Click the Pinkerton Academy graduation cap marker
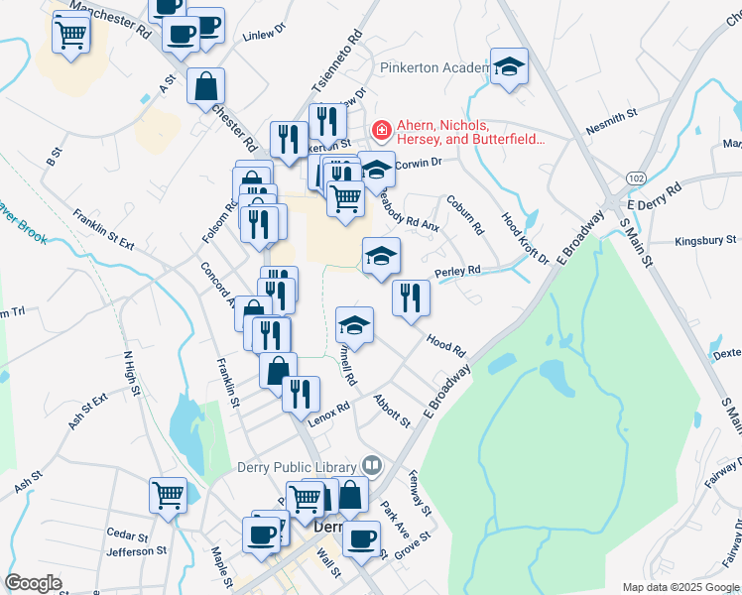(x=509, y=66)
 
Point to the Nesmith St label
(x=611, y=117)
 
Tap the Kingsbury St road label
(x=705, y=240)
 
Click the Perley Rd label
(x=457, y=270)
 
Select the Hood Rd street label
(x=445, y=345)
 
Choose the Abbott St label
(x=391, y=410)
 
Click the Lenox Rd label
(x=329, y=409)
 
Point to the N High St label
(x=129, y=373)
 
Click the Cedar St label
(x=127, y=534)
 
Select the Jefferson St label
(x=137, y=551)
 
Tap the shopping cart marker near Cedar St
(x=168, y=494)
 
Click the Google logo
(x=33, y=583)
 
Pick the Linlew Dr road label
(x=264, y=32)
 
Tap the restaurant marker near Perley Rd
(x=409, y=297)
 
